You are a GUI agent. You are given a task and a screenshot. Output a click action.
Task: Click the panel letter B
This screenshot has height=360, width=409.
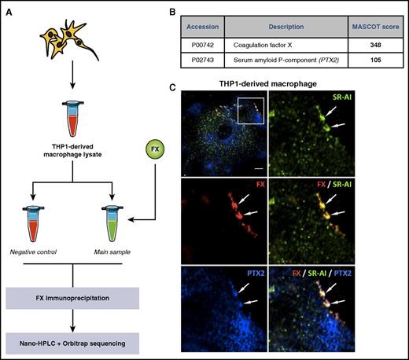tap(188, 9)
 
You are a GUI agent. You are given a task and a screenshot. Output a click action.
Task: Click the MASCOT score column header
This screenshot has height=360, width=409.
tap(370, 30)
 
